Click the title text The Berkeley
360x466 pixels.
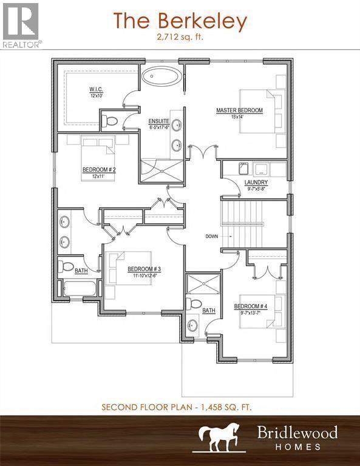180,21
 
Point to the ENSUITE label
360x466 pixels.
159,122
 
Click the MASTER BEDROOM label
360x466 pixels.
239,110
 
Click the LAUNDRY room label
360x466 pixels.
256,182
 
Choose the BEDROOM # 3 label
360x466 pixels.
144,269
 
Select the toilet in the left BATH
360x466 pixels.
66,266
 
